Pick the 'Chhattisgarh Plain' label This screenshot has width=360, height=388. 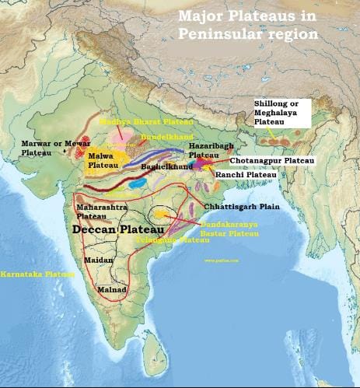click(x=242, y=207)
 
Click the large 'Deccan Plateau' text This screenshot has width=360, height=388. click(x=117, y=231)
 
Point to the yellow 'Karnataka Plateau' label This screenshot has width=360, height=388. click(x=37, y=274)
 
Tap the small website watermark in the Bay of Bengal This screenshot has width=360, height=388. click(x=220, y=260)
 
